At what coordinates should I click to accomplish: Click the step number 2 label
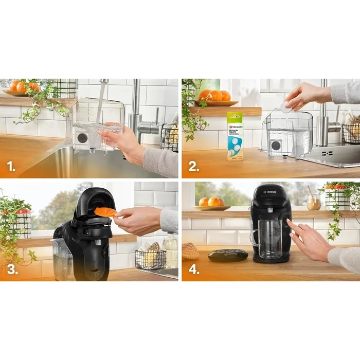[x=193, y=166]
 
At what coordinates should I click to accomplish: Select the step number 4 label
[x=194, y=269]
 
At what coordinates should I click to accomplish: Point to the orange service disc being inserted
[x=105, y=212]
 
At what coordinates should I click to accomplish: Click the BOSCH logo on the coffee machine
[x=269, y=192]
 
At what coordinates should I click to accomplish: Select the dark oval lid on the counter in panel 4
[x=228, y=255]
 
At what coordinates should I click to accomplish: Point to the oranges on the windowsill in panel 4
[x=211, y=203]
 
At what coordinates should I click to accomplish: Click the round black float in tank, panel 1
[x=81, y=138]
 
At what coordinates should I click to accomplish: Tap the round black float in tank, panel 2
[x=276, y=145]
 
